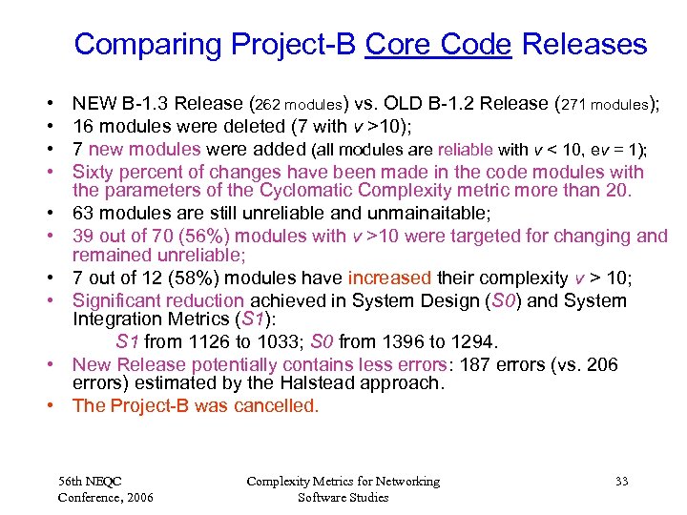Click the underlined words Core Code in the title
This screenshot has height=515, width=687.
pos(439,45)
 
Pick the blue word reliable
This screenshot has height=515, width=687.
pos(465,149)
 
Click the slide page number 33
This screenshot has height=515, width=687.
pos(621,482)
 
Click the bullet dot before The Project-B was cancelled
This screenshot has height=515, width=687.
pos(49,406)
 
